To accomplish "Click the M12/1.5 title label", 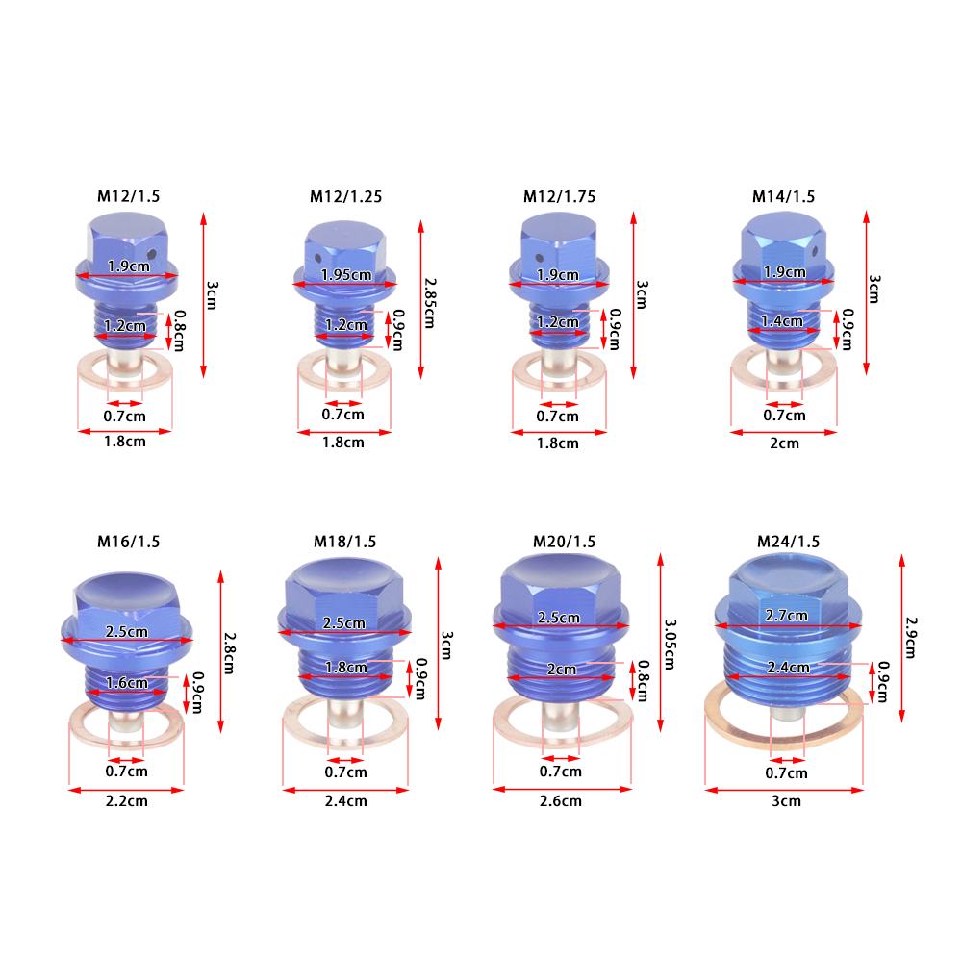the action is (x=128, y=196).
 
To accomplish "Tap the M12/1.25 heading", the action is (x=345, y=197).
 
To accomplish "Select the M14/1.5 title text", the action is (x=783, y=197).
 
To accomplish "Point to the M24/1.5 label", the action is (x=788, y=542).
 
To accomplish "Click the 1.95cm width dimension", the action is (x=346, y=275).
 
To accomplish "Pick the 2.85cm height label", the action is (x=429, y=303).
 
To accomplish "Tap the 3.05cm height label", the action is (x=670, y=644).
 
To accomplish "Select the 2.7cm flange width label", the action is (x=786, y=616).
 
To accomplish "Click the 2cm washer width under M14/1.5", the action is (x=784, y=443).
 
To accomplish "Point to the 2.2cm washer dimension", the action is (x=126, y=801).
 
